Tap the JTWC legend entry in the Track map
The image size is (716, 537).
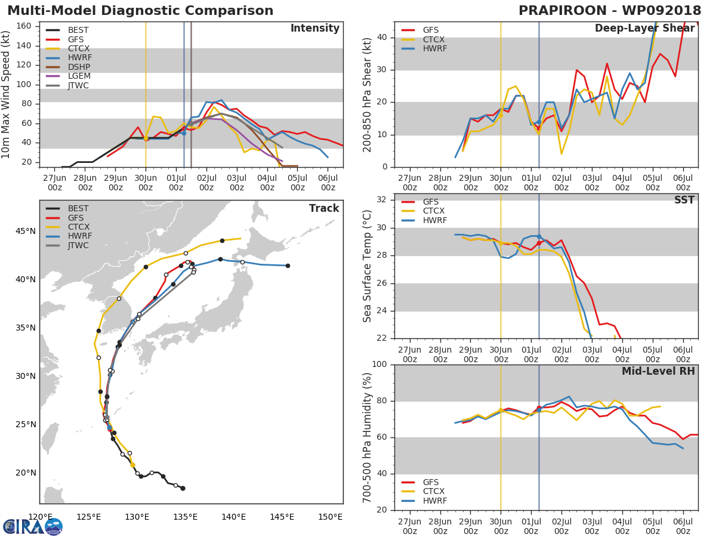pos(67,245)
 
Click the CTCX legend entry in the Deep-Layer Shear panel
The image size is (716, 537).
pos(423,39)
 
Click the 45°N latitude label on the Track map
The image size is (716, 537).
pos(26,231)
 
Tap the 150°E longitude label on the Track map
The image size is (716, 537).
pos(330,517)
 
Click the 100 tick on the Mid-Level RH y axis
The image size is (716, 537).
pos(379,364)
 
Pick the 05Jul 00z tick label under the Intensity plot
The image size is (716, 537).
pos(298,183)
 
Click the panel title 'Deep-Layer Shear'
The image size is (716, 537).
pos(644,28)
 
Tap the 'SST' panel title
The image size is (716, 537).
pos(684,199)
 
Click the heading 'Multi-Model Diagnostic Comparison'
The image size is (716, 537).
pos(140,10)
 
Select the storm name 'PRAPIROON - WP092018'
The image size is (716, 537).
pos(610,10)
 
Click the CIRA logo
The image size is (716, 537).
pos(33,526)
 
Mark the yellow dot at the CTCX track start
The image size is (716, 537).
pos(132,465)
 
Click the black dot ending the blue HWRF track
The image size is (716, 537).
pos(288,266)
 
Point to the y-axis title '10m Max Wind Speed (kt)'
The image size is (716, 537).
pos(5,94)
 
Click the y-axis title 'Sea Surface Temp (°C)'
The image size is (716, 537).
pos(367,266)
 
